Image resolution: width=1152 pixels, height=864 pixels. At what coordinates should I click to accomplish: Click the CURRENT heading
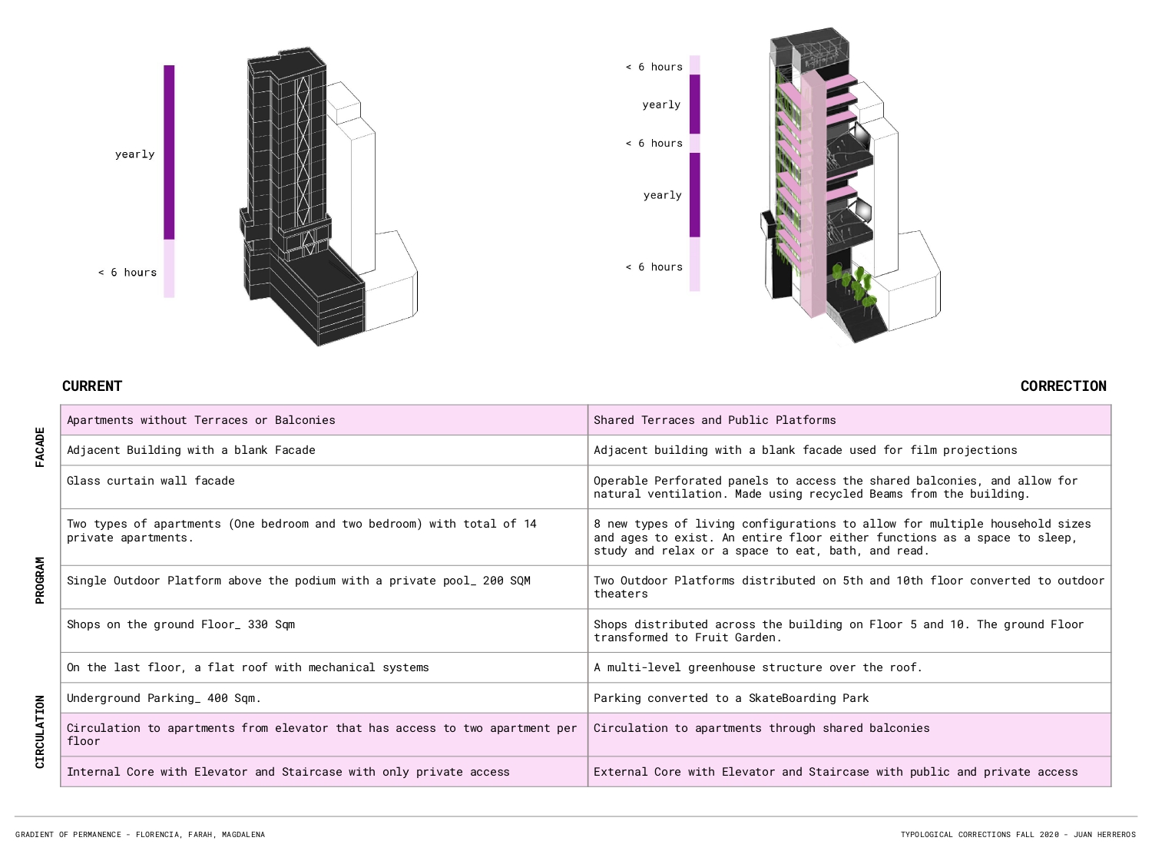coord(92,386)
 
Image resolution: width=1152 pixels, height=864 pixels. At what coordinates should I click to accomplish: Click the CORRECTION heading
coord(1064,386)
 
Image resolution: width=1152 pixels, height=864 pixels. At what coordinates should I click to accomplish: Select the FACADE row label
coord(40,447)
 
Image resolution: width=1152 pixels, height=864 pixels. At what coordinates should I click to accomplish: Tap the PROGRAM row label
coord(40,580)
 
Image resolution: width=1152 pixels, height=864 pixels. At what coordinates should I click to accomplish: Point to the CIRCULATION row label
coord(40,732)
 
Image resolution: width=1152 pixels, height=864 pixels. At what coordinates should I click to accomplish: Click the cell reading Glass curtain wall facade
coord(324,487)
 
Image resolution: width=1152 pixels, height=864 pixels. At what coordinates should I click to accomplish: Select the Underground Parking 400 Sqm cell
coord(324,697)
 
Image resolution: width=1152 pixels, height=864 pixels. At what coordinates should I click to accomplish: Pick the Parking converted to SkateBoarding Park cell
coord(849,697)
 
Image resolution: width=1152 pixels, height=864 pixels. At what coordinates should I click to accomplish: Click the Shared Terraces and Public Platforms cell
coord(849,419)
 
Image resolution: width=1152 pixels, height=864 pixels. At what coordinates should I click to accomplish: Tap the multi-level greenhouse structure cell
coord(849,667)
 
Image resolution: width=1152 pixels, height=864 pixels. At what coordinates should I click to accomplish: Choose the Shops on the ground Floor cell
coord(324,631)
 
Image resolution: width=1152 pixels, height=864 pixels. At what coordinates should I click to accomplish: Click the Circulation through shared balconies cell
coord(849,734)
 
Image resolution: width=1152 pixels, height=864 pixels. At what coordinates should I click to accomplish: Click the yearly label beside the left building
coord(135,154)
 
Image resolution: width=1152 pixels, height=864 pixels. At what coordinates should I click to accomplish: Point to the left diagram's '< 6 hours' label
coord(127,273)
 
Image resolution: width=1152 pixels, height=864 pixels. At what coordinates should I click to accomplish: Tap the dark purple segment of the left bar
coord(169,152)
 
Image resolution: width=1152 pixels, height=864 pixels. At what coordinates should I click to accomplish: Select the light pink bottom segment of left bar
coord(169,269)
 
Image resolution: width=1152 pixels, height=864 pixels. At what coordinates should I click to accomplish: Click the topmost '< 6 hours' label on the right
coord(654,67)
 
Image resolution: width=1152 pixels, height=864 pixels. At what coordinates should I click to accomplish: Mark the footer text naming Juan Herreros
coord(1018,834)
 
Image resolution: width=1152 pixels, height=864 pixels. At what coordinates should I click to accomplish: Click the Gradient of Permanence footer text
coord(140,834)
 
